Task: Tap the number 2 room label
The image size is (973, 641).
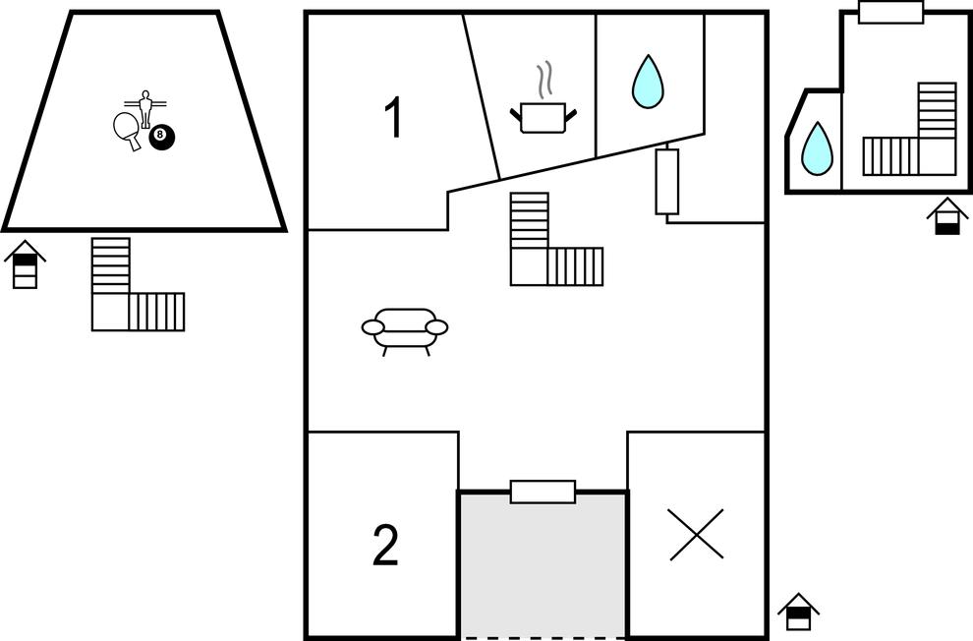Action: pos(385,545)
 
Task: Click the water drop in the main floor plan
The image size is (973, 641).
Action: pos(648,82)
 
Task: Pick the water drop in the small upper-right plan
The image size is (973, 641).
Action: pos(817,147)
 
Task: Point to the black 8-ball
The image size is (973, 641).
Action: pos(162,137)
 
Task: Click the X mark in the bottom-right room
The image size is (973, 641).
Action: pos(696,534)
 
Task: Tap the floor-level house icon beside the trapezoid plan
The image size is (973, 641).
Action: pos(25,264)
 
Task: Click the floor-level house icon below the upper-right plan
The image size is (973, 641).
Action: pos(947,216)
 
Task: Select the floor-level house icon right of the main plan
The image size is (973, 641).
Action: pos(799,612)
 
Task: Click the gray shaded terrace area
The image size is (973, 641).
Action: pos(543,564)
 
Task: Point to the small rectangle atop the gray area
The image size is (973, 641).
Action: pos(543,492)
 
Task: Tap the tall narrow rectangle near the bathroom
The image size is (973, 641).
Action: pos(667,181)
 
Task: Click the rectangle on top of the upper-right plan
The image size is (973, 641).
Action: pos(891,12)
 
